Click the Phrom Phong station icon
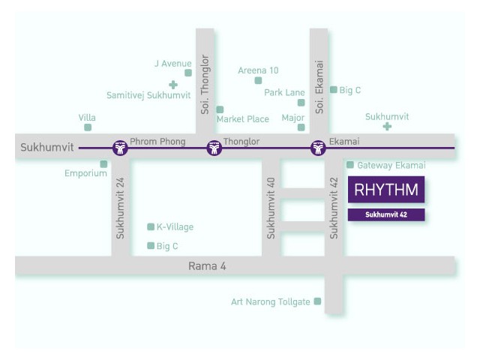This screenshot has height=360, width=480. point(120,148)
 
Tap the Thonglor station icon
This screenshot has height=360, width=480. point(214,148)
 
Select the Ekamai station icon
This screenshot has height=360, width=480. point(318,148)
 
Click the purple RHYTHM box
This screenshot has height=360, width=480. point(386,190)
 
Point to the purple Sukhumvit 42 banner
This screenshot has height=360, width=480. point(386,214)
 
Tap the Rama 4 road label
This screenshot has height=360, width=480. point(207,266)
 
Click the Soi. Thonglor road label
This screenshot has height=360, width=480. point(205,85)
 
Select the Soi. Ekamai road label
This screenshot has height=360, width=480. point(319,87)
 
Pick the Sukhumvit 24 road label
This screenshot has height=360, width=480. point(120,208)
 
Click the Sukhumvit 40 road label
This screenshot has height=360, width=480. point(271,208)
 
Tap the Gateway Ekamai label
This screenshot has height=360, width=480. point(391,165)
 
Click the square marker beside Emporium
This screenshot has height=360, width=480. point(103,164)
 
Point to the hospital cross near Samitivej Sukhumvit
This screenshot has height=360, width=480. point(173,85)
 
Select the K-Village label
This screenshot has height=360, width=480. point(175,226)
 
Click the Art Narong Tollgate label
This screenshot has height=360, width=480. point(271,301)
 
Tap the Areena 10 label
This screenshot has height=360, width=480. point(258,70)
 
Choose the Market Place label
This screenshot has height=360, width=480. point(243,118)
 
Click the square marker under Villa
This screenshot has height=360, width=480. point(88,127)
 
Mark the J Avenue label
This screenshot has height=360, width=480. point(173,63)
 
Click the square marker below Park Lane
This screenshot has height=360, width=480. point(301,103)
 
